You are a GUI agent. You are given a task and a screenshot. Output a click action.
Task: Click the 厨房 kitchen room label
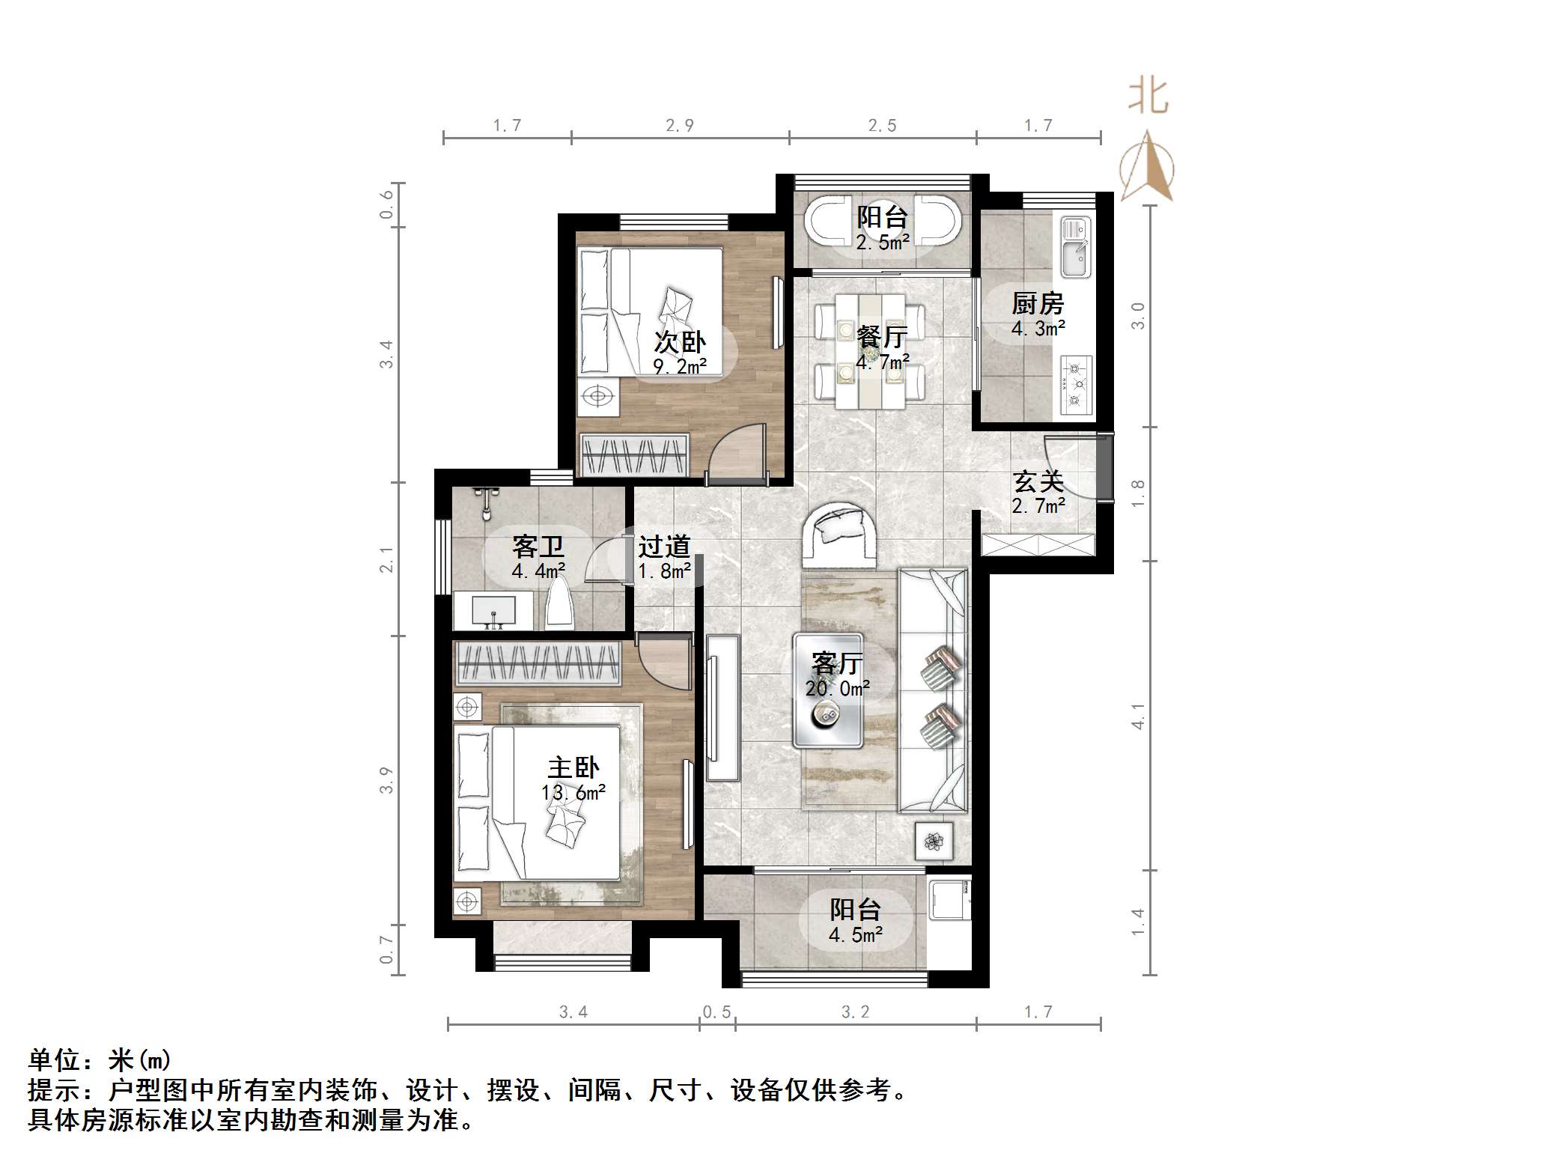pyautogui.click(x=1037, y=304)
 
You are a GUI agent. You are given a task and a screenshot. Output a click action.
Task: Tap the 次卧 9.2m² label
pyautogui.click(x=680, y=353)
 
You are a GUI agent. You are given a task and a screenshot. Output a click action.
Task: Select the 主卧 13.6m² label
pyautogui.click(x=573, y=779)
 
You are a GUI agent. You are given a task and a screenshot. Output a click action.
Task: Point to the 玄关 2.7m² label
pyautogui.click(x=1038, y=493)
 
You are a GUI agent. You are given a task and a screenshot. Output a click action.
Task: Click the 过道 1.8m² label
pyautogui.click(x=664, y=558)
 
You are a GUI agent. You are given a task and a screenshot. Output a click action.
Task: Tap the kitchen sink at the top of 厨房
pyautogui.click(x=1077, y=246)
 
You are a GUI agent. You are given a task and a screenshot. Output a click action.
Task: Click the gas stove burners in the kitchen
pyautogui.click(x=1077, y=386)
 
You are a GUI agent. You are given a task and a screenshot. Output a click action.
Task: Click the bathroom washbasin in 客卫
pyautogui.click(x=493, y=611)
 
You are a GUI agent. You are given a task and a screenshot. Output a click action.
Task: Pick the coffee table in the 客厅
pyautogui.click(x=828, y=690)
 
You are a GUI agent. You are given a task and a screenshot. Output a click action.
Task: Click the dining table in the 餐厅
pyautogui.click(x=870, y=351)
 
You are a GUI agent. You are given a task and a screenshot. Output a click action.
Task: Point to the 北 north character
pyautogui.click(x=1148, y=97)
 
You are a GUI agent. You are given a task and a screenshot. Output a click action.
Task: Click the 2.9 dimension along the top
pyautogui.click(x=680, y=126)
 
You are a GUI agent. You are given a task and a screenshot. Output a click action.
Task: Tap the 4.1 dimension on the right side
pyautogui.click(x=1138, y=716)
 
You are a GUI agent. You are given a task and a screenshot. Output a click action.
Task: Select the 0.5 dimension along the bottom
pyautogui.click(x=716, y=1012)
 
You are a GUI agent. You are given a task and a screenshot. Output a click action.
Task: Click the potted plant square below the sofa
pyautogui.click(x=934, y=842)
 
